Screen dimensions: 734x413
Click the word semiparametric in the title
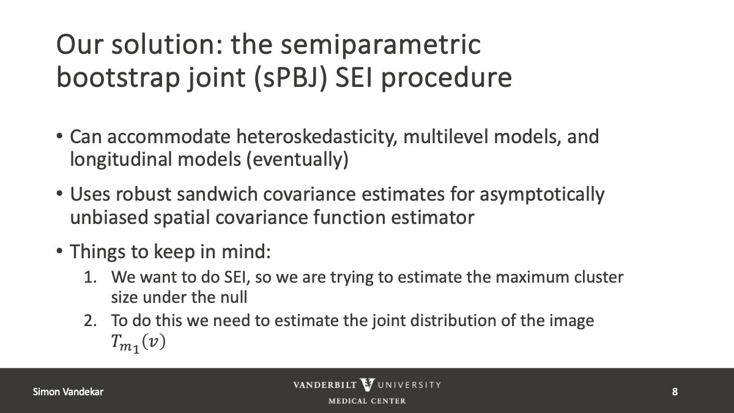point(380,45)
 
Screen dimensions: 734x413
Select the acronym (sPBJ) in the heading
point(291,79)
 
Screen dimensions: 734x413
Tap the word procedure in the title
point(447,79)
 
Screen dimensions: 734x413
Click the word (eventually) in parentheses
point(297,160)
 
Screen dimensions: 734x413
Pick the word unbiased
point(109,217)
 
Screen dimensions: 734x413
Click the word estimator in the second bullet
point(432,218)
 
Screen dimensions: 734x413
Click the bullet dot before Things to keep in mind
point(59,251)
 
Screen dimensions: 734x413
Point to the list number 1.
point(91,277)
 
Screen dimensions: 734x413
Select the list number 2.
point(91,321)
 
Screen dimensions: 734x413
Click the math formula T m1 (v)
point(138,343)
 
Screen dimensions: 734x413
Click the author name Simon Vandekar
point(68,392)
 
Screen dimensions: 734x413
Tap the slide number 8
point(675,392)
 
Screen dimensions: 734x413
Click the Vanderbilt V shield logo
point(367,384)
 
